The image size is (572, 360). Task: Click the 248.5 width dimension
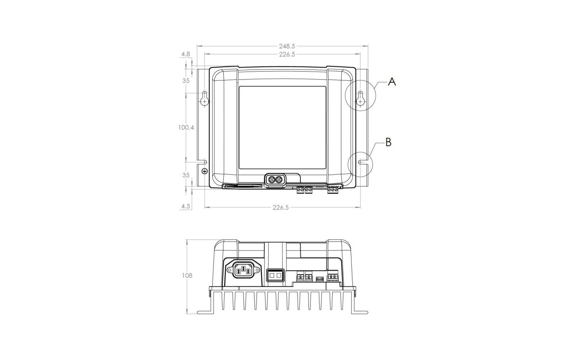pyautogui.click(x=287, y=46)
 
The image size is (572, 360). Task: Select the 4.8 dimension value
pyautogui.click(x=186, y=54)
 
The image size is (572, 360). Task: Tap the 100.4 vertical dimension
pyautogui.click(x=186, y=127)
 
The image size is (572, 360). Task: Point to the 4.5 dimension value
pyautogui.click(x=186, y=206)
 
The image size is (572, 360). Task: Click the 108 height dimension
pyautogui.click(x=187, y=275)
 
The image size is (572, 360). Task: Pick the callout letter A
pyautogui.click(x=392, y=82)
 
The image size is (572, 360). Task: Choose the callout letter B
pyautogui.click(x=388, y=142)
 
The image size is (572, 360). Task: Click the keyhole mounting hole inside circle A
pyautogui.click(x=360, y=99)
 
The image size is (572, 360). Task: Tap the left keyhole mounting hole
pyautogui.click(x=205, y=99)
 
